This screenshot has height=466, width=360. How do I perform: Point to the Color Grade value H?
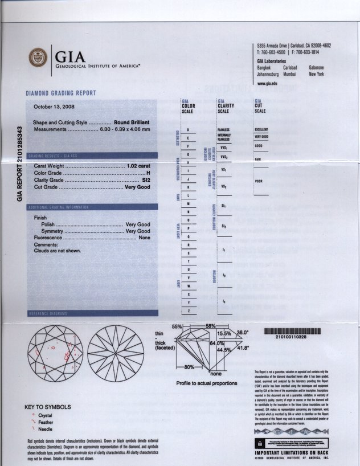coord(148,173)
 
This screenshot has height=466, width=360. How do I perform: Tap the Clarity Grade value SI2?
coord(146,179)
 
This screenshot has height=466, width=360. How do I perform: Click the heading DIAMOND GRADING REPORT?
coord(61,93)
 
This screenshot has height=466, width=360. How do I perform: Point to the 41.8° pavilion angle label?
coord(243,348)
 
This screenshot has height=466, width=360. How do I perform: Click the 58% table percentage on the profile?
coord(210,325)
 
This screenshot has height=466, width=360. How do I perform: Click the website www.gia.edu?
coord(267,83)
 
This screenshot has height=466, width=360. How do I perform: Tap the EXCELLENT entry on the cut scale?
coord(261,130)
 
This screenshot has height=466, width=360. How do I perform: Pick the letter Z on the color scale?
coord(188,311)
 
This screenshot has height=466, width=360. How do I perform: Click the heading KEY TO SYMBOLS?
coord(48,407)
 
